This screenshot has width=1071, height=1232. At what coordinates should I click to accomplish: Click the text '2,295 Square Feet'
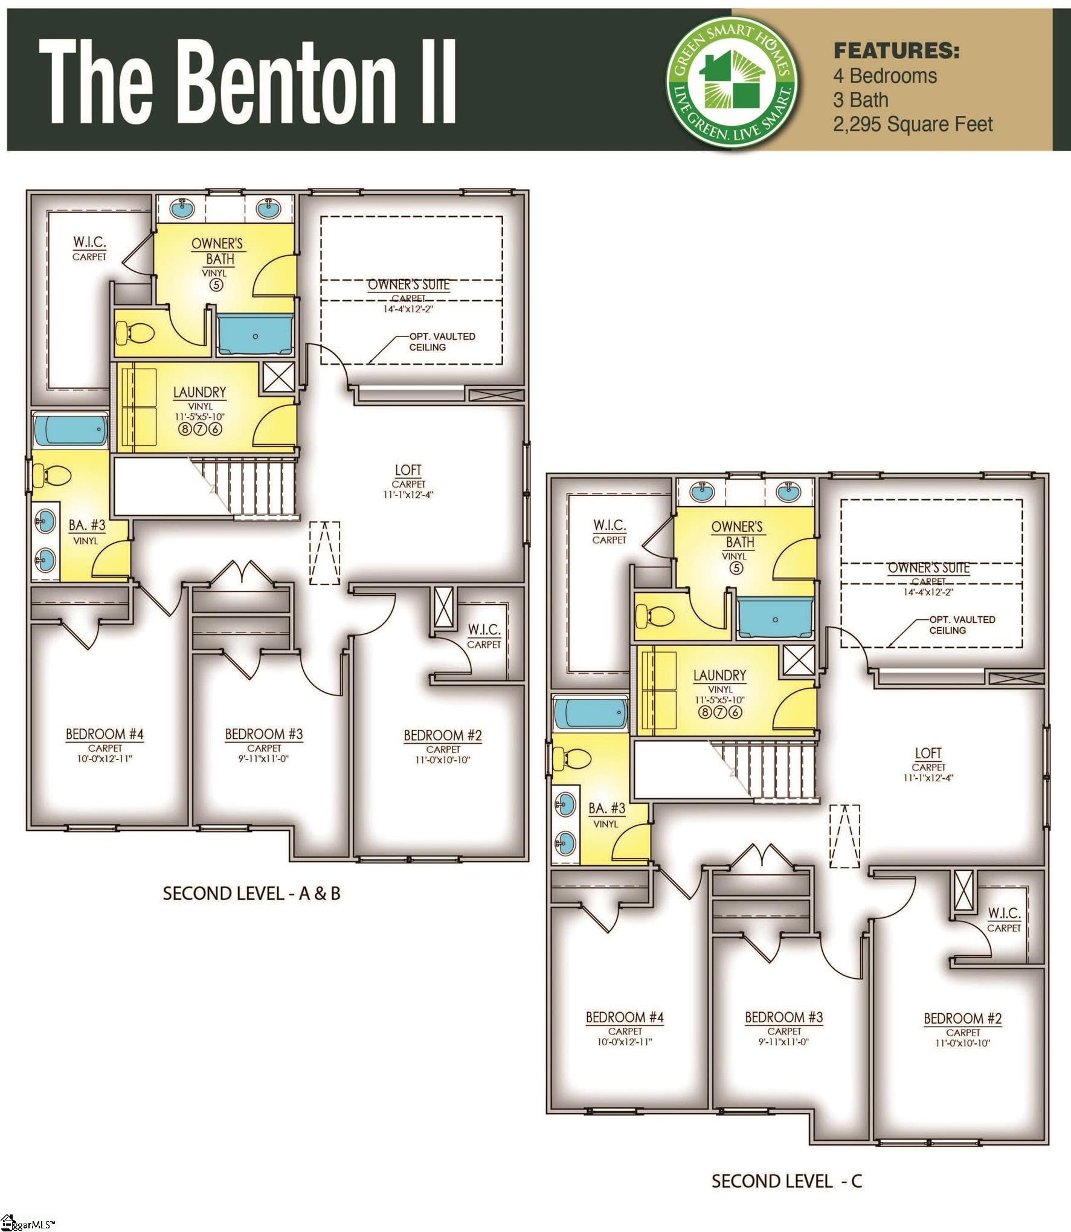[x=913, y=124]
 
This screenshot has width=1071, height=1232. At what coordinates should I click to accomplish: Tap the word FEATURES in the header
[x=896, y=51]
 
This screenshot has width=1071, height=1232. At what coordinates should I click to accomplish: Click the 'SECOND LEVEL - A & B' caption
[x=251, y=893]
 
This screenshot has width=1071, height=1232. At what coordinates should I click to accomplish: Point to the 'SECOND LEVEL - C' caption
[x=786, y=1181]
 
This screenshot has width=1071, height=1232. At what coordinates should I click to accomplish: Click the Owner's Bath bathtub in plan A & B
[x=255, y=334]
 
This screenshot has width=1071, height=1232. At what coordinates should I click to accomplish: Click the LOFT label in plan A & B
[x=408, y=470]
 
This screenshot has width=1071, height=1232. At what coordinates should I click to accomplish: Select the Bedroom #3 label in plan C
[x=783, y=1018]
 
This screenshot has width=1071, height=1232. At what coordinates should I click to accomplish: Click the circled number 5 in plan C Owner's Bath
[x=735, y=568]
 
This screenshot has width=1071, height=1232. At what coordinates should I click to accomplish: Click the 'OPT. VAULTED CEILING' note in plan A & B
[x=442, y=341]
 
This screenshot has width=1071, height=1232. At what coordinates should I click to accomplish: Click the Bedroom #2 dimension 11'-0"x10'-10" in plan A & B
[x=442, y=760]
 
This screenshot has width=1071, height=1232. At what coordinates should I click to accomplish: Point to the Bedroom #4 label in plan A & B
[x=105, y=734]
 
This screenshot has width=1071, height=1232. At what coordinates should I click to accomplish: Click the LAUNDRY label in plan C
[x=719, y=675]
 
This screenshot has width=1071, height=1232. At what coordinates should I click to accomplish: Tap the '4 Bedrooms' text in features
[x=884, y=76]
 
